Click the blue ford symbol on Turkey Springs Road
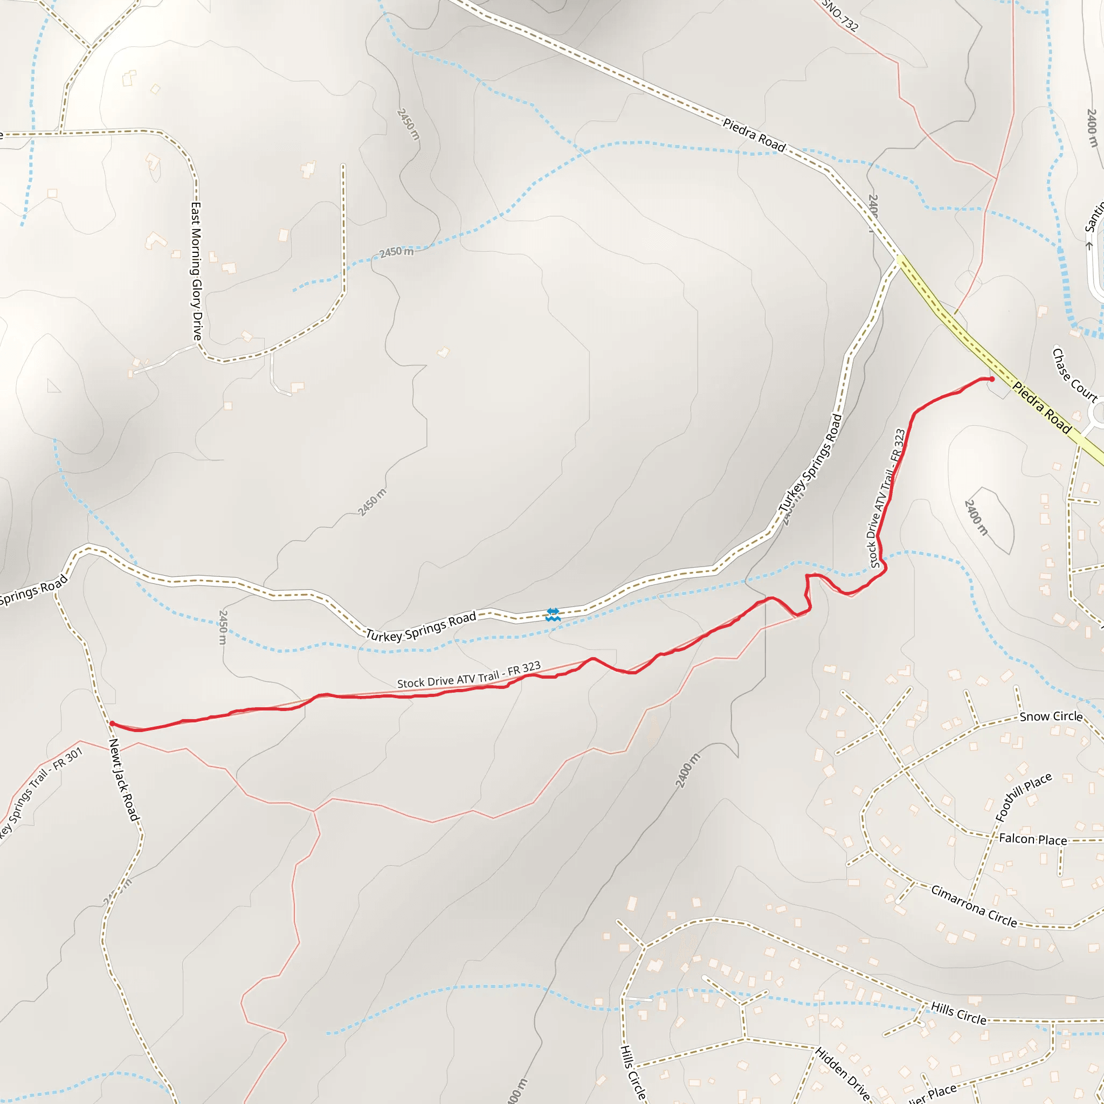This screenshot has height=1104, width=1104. click(x=553, y=615)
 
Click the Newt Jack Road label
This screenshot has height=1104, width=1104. click(x=124, y=779)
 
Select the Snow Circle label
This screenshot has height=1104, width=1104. click(x=1051, y=716)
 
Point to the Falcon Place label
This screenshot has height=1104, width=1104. click(x=1032, y=839)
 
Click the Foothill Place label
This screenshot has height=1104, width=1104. click(x=1023, y=797)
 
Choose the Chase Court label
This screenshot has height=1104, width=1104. click(x=1074, y=375)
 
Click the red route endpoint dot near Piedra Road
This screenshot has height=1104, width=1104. click(x=991, y=379)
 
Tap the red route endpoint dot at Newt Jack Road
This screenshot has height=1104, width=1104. click(x=112, y=723)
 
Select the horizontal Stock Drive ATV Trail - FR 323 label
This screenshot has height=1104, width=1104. click(x=468, y=675)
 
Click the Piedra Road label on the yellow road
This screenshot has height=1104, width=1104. click(x=1041, y=408)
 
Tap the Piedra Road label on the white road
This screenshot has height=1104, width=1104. click(x=754, y=135)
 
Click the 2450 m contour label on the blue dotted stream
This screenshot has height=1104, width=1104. click(x=396, y=251)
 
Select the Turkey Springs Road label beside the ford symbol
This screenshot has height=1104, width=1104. click(x=420, y=626)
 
